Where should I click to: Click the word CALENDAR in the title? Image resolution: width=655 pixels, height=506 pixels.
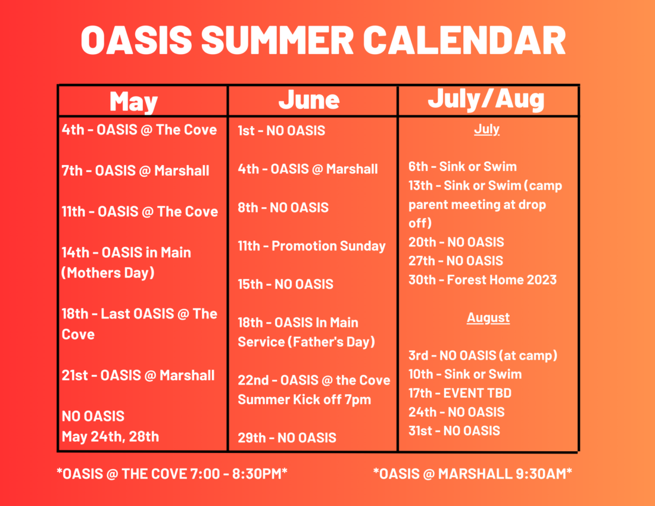(x=464, y=40)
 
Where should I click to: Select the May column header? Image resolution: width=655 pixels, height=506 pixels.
(x=133, y=101)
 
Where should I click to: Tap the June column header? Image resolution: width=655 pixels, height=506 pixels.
(x=309, y=100)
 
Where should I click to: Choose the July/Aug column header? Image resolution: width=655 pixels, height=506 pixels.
(x=486, y=100)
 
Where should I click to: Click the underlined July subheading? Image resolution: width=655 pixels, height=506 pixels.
(x=486, y=129)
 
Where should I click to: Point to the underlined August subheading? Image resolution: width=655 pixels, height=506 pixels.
(x=488, y=318)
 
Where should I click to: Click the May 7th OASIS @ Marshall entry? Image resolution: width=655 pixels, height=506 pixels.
(x=135, y=171)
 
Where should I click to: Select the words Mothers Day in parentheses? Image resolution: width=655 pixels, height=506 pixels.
(x=108, y=273)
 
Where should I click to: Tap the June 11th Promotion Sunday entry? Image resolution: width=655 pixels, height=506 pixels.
(x=311, y=246)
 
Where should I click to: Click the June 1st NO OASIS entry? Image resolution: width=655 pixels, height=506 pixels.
(x=281, y=131)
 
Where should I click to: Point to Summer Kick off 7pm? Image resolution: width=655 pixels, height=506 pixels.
(x=304, y=399)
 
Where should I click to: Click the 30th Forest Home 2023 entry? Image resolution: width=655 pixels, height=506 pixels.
(x=482, y=280)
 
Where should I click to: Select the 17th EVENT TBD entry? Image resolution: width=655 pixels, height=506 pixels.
(x=460, y=393)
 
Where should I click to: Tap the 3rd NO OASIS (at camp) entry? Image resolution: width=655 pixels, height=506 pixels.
(x=483, y=355)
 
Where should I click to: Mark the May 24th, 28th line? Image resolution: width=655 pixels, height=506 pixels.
(x=110, y=437)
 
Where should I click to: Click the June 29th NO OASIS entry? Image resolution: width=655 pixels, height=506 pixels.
(x=287, y=438)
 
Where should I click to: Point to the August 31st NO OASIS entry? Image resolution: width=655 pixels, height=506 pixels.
(x=454, y=431)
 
